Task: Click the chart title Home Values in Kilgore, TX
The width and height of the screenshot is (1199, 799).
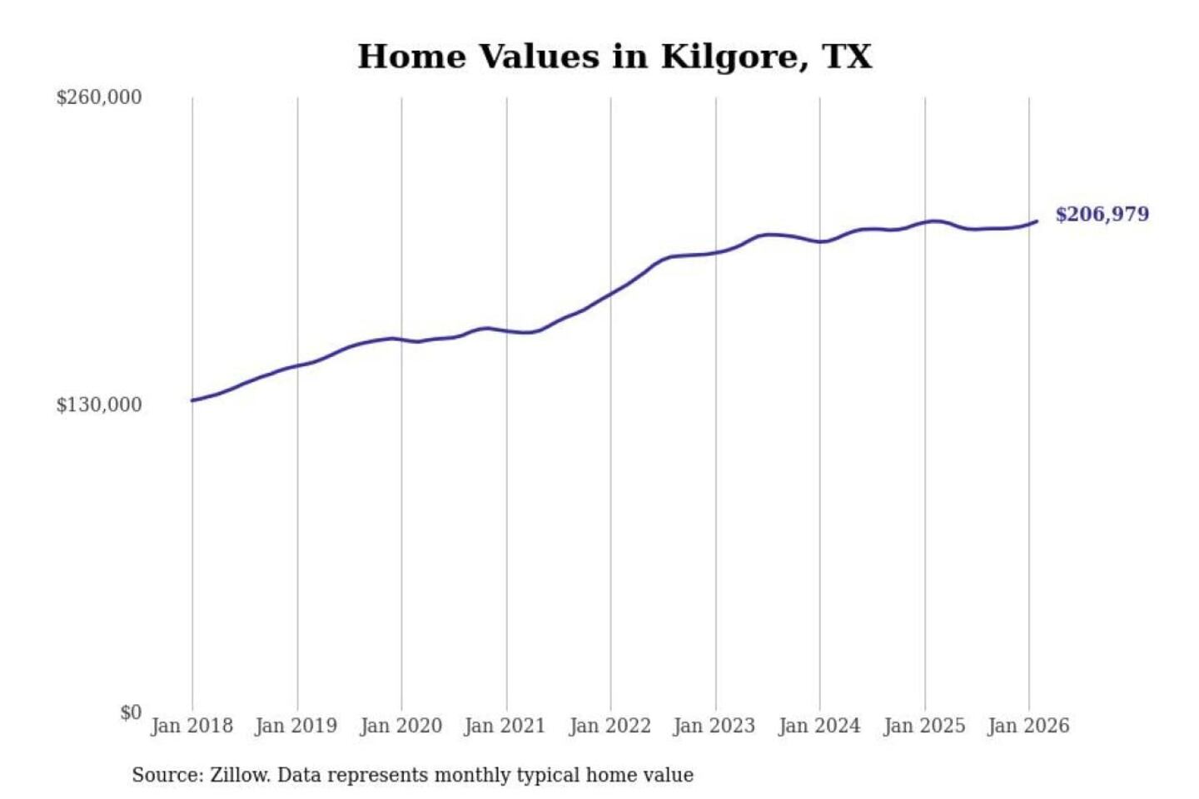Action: coord(614,57)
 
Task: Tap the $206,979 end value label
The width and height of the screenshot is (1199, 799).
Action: coord(1102,215)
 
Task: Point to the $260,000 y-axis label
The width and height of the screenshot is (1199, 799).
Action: coord(99,97)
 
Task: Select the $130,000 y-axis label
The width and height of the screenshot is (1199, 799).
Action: coord(99,405)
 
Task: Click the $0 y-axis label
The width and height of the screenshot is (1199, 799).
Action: coord(131,712)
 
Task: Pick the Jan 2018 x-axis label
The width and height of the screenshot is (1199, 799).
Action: coord(192,726)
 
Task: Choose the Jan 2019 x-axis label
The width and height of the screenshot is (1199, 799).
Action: coord(296,726)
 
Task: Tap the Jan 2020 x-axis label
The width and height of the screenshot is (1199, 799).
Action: coord(400,726)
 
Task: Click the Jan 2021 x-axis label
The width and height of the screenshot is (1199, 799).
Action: coord(505,726)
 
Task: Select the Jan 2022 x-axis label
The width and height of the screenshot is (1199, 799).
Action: coord(609,726)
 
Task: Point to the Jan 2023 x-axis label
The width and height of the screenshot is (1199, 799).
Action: coord(714,726)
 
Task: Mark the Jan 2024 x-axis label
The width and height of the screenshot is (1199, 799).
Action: coord(818,726)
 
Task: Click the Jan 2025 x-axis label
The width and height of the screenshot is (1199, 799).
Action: coord(923,726)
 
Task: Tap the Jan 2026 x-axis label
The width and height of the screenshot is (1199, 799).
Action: coord(1027,726)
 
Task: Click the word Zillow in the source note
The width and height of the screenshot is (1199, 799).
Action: coord(239,776)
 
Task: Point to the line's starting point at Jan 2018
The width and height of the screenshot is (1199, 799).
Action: coord(192,400)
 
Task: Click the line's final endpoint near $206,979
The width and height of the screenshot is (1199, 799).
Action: coord(1037,221)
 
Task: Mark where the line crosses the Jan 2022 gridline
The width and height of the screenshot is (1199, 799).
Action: coord(610,294)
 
